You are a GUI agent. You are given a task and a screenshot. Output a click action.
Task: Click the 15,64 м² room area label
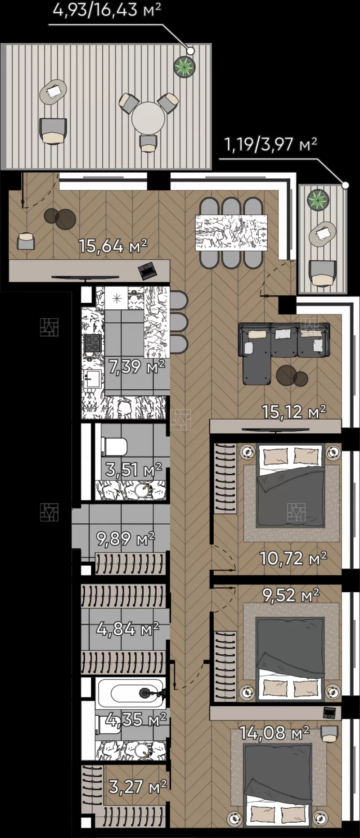[113, 246]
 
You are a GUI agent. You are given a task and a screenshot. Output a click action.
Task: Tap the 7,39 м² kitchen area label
[137, 366]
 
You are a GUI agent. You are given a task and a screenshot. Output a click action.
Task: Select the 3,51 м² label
[134, 470]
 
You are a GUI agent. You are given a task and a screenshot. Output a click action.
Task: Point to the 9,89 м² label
[126, 538]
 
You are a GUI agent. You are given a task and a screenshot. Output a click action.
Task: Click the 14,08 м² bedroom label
[274, 733]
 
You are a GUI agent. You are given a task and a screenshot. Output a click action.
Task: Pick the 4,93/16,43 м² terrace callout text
[107, 9]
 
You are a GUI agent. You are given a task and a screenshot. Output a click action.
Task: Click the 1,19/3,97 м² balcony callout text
[270, 144]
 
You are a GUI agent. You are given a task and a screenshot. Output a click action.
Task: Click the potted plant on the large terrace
[185, 67]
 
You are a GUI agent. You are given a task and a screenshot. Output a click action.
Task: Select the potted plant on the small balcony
[318, 200]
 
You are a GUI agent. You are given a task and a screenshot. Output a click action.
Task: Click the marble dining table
[231, 233]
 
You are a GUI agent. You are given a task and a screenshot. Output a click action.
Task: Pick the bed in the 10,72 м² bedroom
[290, 486]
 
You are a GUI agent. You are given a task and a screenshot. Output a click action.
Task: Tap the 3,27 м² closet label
[138, 787]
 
